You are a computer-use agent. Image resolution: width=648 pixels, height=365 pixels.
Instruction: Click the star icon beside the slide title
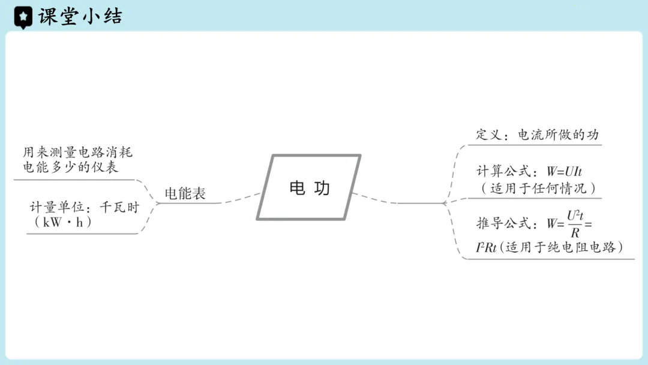coord(23,17)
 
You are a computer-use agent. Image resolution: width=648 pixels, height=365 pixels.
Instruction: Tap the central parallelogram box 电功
coord(309,188)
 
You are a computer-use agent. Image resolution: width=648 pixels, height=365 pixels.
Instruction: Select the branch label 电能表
coord(185,193)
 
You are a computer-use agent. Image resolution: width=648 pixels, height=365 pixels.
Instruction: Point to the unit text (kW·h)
coord(67,222)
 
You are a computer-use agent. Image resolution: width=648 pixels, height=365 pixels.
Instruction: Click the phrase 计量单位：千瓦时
coord(84,208)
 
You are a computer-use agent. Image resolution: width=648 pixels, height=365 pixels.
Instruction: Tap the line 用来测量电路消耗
coord(77,152)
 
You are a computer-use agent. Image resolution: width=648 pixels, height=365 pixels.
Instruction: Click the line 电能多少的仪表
coord(70,167)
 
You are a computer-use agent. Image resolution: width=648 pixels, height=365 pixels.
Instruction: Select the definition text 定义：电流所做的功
coord(538,134)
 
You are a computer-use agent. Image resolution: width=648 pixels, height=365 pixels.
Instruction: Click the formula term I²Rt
coord(486,247)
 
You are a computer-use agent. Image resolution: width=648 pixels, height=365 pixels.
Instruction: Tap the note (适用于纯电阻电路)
coord(561,247)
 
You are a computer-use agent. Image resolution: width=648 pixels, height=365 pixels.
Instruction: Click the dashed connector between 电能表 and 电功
coord(240,198)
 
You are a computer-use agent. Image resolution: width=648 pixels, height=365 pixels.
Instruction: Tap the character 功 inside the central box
coord(322,188)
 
